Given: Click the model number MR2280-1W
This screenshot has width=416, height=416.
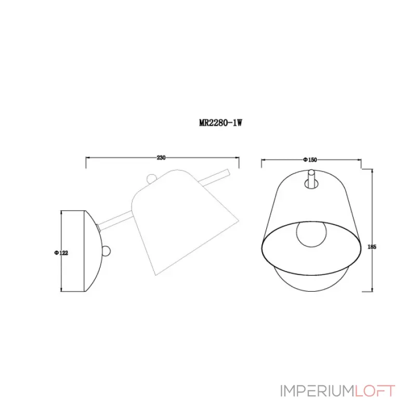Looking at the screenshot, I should point(222,123).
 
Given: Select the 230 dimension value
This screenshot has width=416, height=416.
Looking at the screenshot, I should point(161,157).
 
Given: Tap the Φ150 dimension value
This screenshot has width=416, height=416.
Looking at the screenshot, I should point(310,160).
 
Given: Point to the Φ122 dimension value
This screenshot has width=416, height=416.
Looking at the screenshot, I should point(61,252).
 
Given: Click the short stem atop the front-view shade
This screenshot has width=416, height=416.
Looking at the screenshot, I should point(310,180).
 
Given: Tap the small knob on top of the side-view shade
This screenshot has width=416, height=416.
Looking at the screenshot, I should point(151,178).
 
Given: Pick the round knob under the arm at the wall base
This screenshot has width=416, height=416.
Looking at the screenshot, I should point(107,251).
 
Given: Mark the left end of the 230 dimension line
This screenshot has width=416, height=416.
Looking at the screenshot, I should point(86,157).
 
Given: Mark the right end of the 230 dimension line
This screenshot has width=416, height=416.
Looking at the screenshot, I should point(238,157).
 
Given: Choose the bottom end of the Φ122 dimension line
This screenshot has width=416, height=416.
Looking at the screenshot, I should point(62,291).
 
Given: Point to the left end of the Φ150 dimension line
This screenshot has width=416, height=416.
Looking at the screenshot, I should point(261,160).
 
